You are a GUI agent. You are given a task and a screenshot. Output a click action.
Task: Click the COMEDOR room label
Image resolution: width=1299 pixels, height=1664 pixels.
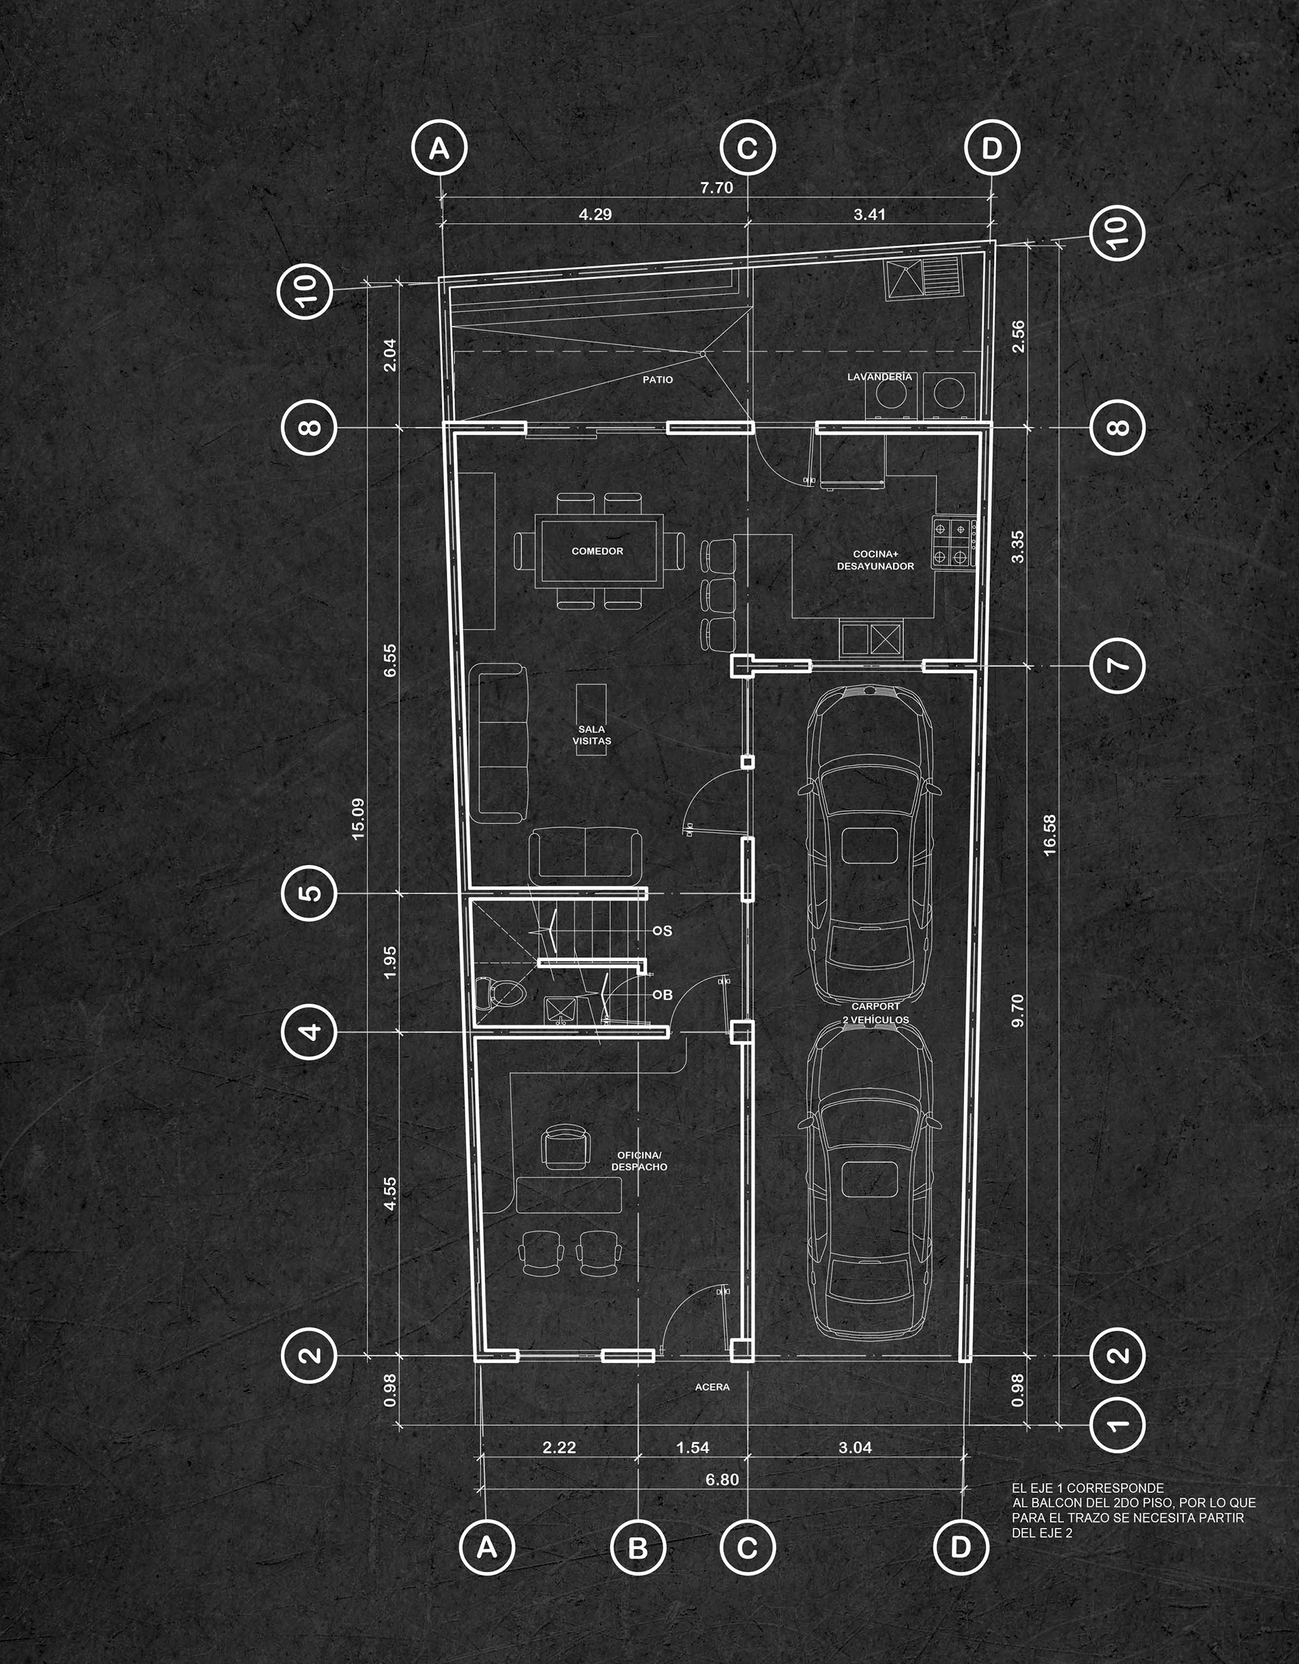[597, 551]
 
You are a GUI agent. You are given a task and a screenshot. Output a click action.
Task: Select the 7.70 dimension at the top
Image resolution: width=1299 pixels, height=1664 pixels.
[716, 187]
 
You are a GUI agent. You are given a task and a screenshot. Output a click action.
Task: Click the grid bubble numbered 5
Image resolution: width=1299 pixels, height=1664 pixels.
[309, 893]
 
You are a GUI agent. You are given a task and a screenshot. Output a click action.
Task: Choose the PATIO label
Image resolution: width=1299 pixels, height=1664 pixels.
[658, 379]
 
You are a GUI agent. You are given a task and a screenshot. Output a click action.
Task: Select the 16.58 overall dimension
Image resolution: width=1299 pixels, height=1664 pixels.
[1051, 836]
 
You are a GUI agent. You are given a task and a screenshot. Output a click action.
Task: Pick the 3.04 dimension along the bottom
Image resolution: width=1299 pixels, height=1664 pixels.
[854, 1448]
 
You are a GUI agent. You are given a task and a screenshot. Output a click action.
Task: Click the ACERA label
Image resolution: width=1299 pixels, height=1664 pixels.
[712, 1387]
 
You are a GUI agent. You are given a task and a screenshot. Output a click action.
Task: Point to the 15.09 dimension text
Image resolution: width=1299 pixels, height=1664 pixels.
[359, 819]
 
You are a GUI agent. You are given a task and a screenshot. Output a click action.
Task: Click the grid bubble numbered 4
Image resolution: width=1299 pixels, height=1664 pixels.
[309, 1032]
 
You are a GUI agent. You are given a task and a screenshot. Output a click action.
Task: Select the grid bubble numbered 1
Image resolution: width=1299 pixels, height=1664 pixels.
[1117, 1424]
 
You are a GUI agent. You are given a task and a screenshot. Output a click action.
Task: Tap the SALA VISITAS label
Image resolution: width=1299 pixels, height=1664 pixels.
[592, 735]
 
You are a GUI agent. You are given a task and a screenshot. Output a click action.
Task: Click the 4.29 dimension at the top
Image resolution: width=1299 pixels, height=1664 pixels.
[595, 215]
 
